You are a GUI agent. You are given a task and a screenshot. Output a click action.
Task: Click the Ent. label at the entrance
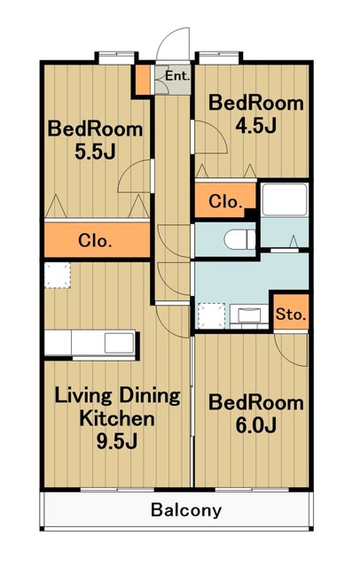coord(177,76)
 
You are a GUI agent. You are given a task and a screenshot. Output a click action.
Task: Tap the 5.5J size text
coord(95,151)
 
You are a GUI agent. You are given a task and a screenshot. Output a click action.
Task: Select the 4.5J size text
coord(255,126)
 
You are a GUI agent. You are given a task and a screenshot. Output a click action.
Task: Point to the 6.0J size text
coord(255,425)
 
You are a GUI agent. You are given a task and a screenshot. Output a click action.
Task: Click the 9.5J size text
coord(116,441)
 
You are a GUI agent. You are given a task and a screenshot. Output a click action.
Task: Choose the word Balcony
coord(186,510)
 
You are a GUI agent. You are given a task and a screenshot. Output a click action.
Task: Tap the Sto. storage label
coord(291,315)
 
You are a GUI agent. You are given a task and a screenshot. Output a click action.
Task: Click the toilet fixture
coord(240,239)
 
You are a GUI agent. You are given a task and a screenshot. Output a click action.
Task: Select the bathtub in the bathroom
coord(285,199)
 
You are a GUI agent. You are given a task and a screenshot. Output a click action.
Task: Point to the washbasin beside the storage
coord(248,315)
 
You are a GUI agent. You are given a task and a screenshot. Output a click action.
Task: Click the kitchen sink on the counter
coord(119,343)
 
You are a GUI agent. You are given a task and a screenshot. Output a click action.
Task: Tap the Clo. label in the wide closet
coord(95,240)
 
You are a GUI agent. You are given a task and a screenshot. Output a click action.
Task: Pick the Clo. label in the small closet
coord(225,201)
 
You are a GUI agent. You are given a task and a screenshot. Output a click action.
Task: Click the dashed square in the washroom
coord(212,315)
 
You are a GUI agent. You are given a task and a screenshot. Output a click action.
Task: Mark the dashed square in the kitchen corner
coord(58,276)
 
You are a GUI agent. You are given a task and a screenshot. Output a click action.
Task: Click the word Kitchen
coord(116,419)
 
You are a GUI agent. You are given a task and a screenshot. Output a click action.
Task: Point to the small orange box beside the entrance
coord(143,80)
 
